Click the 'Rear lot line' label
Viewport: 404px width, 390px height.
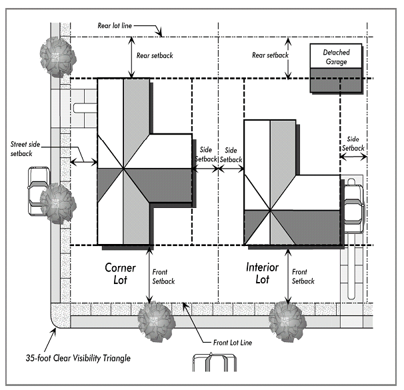(115, 25)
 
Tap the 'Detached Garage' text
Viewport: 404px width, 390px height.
(336, 57)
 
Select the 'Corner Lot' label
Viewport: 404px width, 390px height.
(120, 273)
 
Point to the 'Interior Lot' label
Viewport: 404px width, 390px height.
(262, 273)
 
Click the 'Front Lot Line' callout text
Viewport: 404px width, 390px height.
(233, 343)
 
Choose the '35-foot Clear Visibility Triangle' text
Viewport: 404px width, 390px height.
(78, 358)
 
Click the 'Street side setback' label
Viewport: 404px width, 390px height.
(25, 149)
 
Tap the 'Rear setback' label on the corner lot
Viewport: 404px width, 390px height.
(155, 55)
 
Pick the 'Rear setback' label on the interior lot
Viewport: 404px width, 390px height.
(270, 55)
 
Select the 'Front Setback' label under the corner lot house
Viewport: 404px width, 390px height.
(163, 277)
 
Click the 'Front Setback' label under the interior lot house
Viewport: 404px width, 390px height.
(303, 276)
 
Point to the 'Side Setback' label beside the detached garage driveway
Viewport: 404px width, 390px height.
(353, 143)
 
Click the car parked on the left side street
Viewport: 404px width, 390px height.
(39, 191)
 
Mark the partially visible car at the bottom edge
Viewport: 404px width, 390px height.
(215, 362)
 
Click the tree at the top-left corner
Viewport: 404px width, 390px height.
(58, 57)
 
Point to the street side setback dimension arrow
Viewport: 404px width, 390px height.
(84, 162)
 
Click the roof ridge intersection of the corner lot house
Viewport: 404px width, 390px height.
(124, 169)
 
